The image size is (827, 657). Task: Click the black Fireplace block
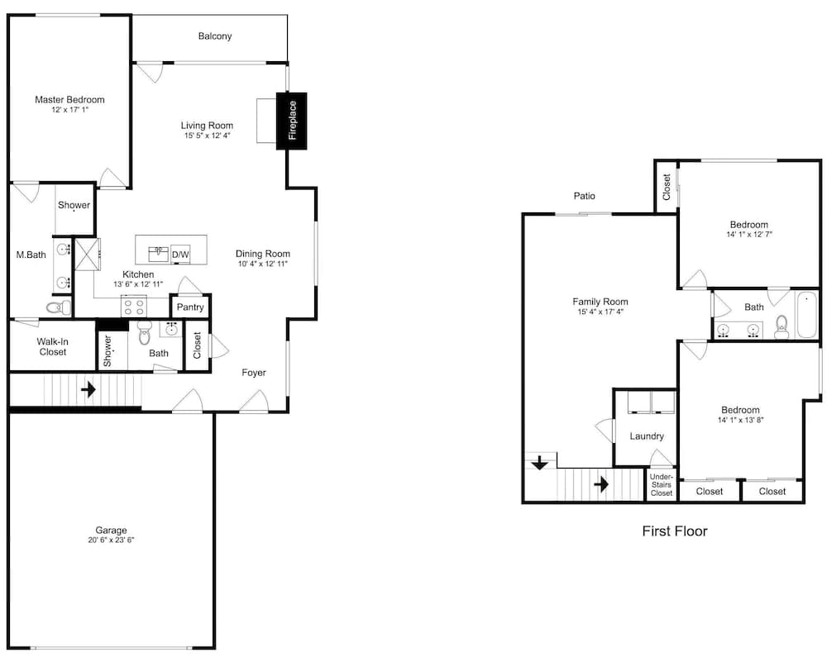pos(292,121)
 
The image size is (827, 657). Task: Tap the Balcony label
pos(215,36)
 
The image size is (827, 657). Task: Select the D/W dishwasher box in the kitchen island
pos(180,255)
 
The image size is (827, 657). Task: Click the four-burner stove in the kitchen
pos(134,307)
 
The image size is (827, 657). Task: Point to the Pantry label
pos(190,307)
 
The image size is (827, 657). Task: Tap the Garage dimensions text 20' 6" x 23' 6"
pos(112,540)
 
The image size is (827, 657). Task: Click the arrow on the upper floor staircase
pos(88,390)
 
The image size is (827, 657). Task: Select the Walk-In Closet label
pos(52,346)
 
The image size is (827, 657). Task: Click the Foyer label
pos(254,373)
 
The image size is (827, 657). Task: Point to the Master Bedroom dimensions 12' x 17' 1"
pos(69,110)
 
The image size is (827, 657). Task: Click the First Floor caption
pos(675,531)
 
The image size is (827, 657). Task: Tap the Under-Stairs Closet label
pos(662,485)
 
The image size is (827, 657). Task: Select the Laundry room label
pos(647,436)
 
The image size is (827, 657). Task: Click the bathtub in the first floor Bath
pos(807,315)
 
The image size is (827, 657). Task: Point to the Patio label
pos(585,196)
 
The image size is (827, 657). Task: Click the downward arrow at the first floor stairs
pos(539,464)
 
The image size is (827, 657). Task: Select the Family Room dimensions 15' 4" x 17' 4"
pos(600,312)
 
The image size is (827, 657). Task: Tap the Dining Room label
pos(263,254)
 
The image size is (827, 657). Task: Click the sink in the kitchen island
pos(158,254)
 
